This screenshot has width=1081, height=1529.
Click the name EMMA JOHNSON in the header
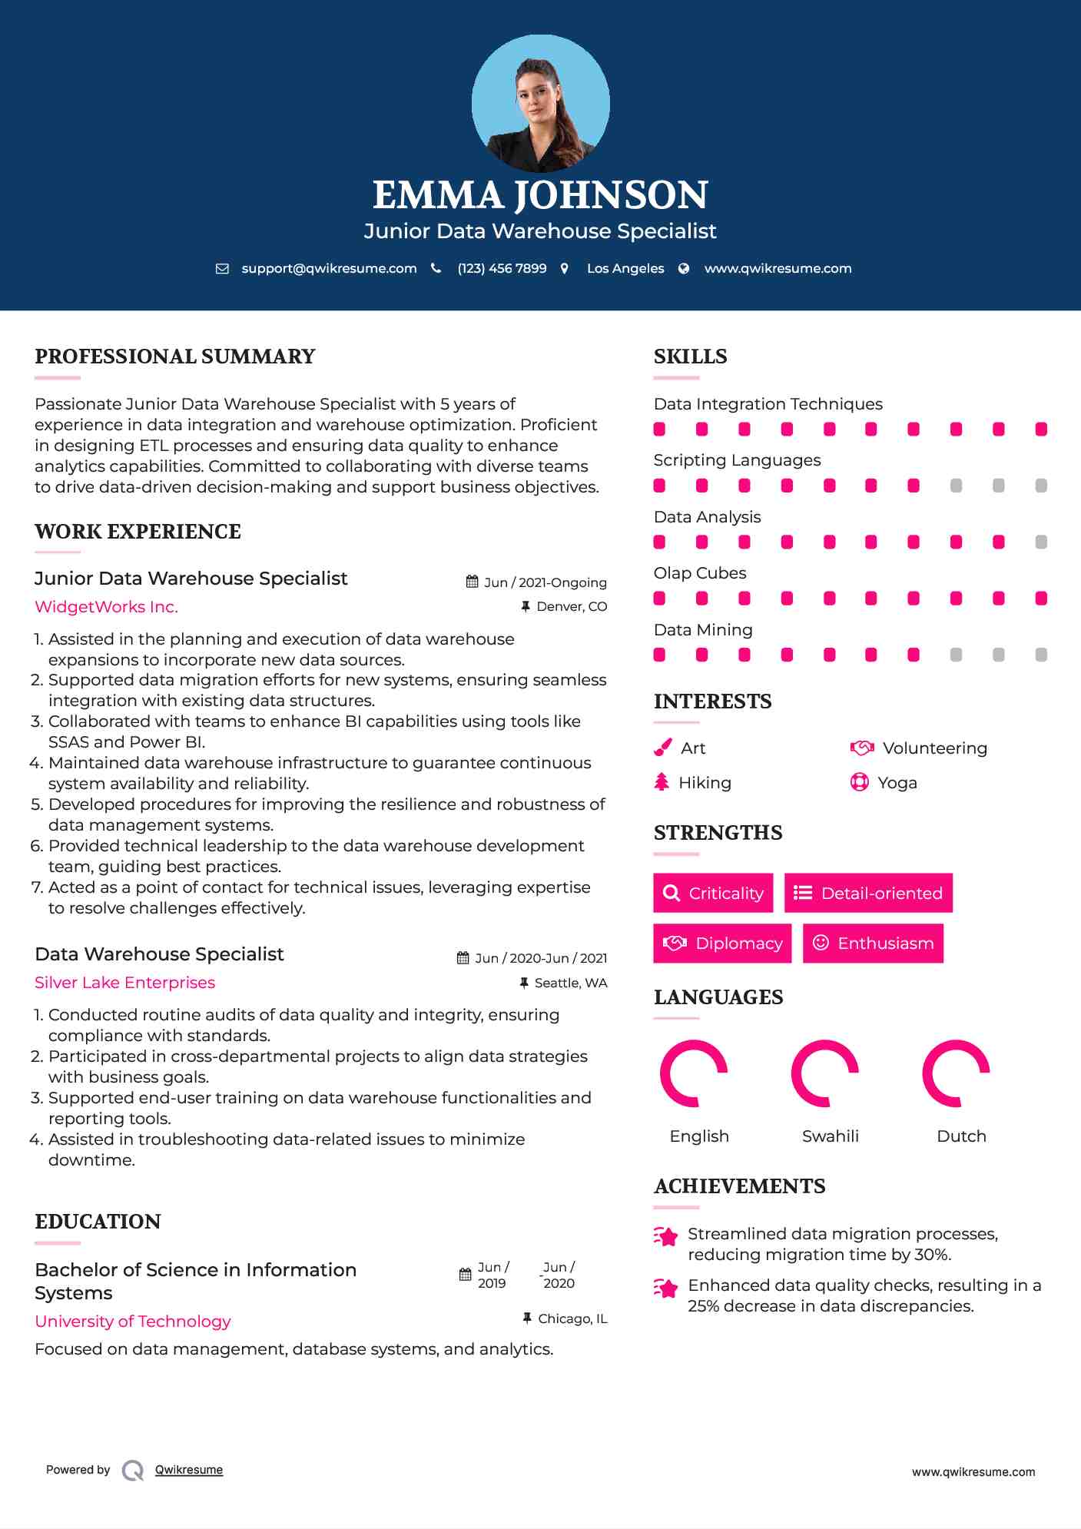(x=540, y=195)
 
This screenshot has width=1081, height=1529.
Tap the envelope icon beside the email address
(x=222, y=269)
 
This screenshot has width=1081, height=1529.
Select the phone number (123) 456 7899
(x=502, y=269)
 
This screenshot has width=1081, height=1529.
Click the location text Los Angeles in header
(x=625, y=269)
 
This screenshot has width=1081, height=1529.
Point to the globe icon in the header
(x=684, y=269)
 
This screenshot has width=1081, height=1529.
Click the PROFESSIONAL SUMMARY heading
(x=175, y=357)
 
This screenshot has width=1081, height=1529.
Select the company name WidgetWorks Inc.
(x=106, y=607)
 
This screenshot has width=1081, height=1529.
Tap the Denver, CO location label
(x=571, y=607)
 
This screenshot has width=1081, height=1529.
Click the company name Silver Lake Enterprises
(x=124, y=983)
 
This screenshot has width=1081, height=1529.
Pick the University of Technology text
(x=132, y=1322)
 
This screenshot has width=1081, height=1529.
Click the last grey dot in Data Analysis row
(x=1041, y=542)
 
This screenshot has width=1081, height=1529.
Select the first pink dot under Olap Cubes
(x=659, y=599)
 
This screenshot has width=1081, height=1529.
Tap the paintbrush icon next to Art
(x=662, y=748)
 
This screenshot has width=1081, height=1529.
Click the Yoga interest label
(x=897, y=783)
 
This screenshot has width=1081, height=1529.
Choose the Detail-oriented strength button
(x=868, y=893)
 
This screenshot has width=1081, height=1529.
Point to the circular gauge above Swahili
(x=824, y=1073)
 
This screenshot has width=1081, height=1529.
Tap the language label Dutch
(x=961, y=1136)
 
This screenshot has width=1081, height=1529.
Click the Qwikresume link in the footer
(x=189, y=1470)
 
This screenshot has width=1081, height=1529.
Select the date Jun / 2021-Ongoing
(x=545, y=582)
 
